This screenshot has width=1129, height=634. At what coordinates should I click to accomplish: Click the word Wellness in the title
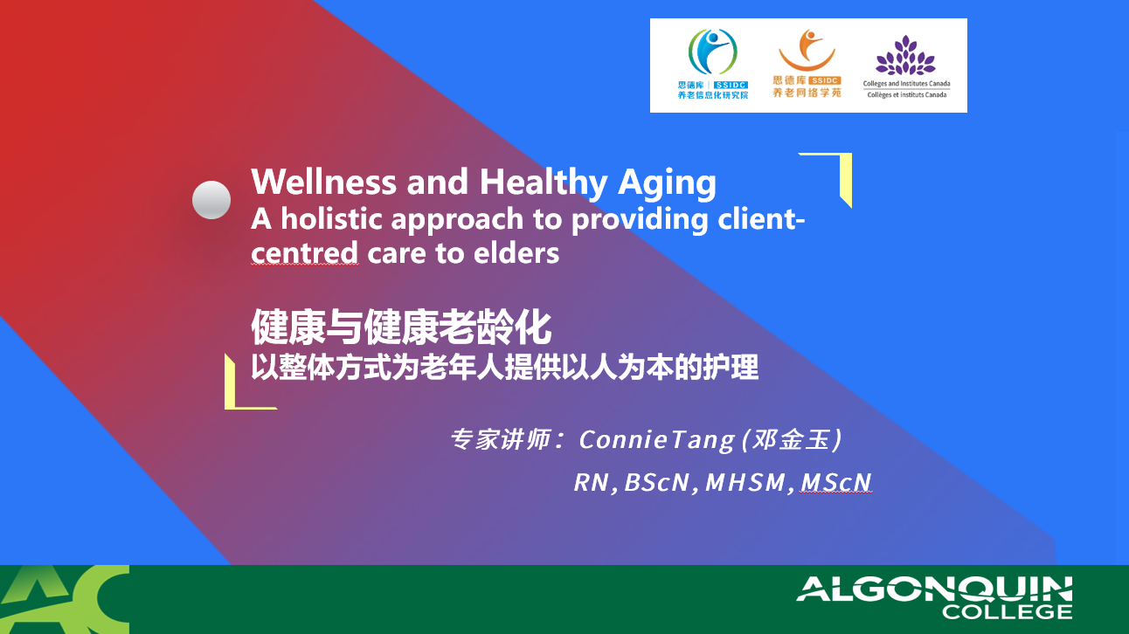(323, 182)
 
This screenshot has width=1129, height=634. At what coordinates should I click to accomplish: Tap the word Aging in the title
(667, 183)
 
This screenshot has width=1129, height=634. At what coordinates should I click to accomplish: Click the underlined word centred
(304, 252)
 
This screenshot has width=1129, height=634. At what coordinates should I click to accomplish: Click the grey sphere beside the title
(211, 200)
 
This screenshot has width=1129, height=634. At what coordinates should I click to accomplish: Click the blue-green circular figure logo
(713, 52)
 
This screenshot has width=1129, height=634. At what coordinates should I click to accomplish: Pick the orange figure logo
(807, 51)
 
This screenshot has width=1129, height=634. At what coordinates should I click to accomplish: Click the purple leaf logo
(905, 55)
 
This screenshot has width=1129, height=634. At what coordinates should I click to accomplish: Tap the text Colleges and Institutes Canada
(906, 84)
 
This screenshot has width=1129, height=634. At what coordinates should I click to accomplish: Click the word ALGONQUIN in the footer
(934, 589)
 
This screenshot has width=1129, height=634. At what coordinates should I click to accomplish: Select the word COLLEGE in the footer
(1007, 612)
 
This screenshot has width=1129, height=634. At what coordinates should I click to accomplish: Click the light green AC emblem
(65, 599)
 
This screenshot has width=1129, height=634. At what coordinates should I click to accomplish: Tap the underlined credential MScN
(835, 482)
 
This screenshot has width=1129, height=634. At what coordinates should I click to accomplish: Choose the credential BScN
(657, 482)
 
